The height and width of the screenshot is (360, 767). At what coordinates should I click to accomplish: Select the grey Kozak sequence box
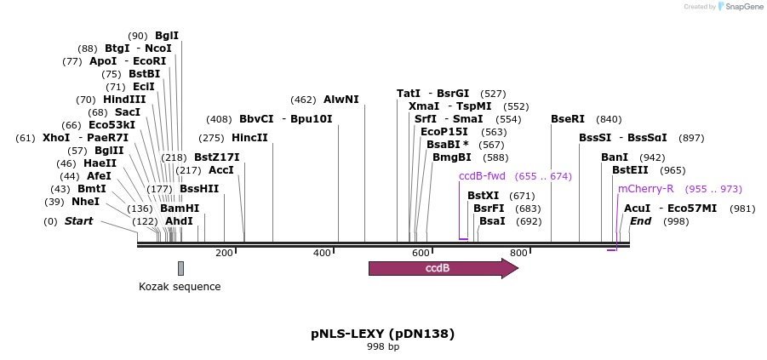[x=180, y=268]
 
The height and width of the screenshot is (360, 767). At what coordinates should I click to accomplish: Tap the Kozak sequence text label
[x=180, y=287]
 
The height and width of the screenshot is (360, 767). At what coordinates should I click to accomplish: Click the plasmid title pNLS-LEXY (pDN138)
[x=382, y=334]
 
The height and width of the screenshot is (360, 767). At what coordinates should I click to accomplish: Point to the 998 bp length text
[x=382, y=347]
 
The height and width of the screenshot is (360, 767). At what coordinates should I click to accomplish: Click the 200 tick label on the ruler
[x=224, y=253]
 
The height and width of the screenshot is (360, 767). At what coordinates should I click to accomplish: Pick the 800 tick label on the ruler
[x=518, y=253]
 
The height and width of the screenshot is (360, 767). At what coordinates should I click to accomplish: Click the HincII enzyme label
[x=249, y=138]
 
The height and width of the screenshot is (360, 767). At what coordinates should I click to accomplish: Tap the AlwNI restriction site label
[x=341, y=100]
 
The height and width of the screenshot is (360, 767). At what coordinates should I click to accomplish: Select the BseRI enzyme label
[x=568, y=119]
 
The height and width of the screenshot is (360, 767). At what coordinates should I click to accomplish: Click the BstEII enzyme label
[x=630, y=170]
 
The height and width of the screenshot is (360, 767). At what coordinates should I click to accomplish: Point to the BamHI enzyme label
[x=180, y=209]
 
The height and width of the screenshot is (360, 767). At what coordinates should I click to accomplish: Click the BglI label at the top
[x=167, y=36]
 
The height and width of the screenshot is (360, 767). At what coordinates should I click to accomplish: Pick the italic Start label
[x=78, y=221]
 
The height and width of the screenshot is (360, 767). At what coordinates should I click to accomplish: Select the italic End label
[x=640, y=221]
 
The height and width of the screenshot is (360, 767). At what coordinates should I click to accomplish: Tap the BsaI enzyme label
[x=492, y=221]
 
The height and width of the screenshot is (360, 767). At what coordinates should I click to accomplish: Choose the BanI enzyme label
[x=615, y=157]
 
